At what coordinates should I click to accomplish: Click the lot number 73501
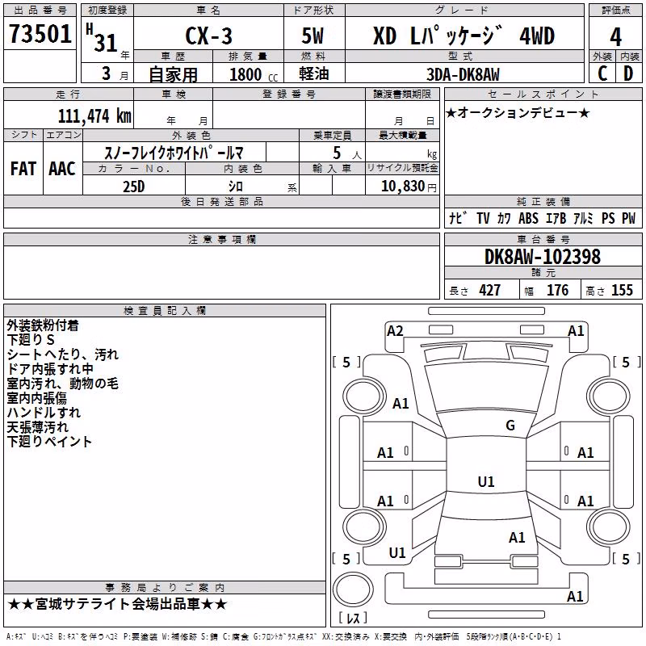[x=40, y=33]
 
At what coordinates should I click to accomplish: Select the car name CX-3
[x=209, y=36]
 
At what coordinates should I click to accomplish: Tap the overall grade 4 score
[x=615, y=37]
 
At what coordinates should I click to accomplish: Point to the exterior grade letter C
[x=602, y=73]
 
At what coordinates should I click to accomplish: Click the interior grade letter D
[x=628, y=73]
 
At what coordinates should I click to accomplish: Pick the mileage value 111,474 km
[x=94, y=116]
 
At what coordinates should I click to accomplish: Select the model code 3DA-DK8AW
[x=463, y=74]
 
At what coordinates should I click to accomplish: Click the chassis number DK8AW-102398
[x=543, y=257]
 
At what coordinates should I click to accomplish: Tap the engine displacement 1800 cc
[x=254, y=74]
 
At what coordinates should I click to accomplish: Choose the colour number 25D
[x=133, y=187]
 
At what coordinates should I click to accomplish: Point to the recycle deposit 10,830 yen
[x=409, y=187]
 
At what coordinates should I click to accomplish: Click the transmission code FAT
[x=23, y=169]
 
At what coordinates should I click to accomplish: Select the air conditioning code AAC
[x=62, y=169]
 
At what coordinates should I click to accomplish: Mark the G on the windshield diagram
[x=510, y=426]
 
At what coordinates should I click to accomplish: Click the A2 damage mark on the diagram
[x=395, y=331]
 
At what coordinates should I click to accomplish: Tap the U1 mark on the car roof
[x=486, y=481]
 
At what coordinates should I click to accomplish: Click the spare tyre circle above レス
[x=353, y=589]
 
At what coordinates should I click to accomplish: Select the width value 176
[x=557, y=291]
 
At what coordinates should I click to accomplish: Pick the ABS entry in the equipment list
[x=528, y=218]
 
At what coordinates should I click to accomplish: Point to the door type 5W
[x=313, y=36]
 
